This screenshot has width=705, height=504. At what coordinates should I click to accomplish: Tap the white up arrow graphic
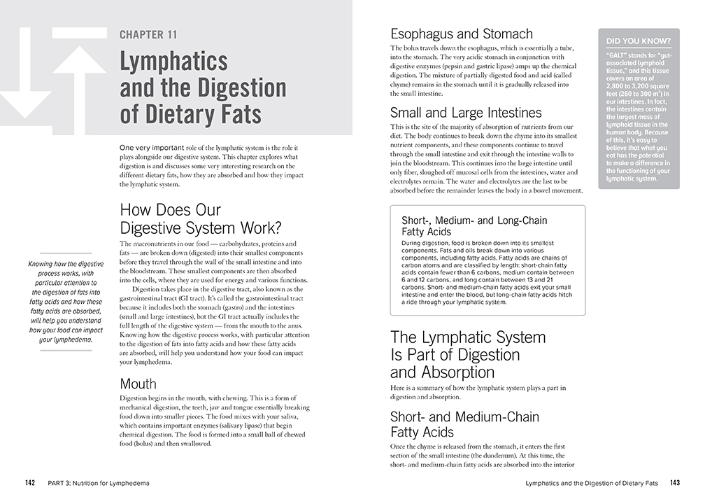tap(78, 77)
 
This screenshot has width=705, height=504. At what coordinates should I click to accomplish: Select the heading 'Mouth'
tap(138, 384)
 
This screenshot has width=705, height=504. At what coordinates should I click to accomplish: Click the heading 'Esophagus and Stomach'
tap(461, 34)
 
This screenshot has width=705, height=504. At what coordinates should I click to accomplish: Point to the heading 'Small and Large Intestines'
tap(466, 113)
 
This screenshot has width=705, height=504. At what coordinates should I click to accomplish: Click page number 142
tap(30, 483)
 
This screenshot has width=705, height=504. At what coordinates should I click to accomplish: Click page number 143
tap(674, 483)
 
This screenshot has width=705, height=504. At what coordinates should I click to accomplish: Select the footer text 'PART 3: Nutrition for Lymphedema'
tap(99, 483)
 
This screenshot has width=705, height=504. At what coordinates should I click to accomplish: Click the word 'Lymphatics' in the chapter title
tap(173, 62)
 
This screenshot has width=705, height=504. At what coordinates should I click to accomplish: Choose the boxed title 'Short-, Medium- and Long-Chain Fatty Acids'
tap(474, 225)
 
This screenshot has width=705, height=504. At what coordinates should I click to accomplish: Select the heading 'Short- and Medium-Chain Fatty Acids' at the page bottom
tap(464, 424)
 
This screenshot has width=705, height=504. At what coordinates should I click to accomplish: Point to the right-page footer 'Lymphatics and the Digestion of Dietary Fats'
tap(592, 483)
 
